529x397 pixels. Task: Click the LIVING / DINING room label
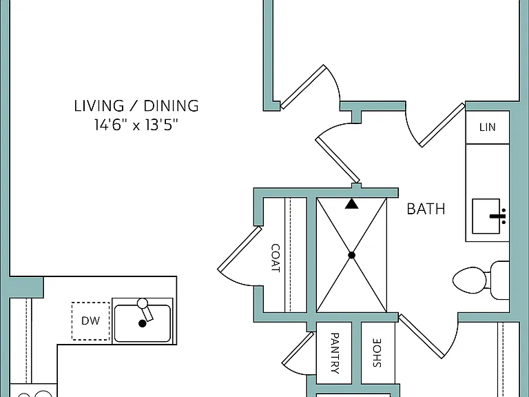click(136, 105)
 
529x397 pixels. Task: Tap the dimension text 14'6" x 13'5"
click(136, 125)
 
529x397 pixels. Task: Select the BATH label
click(426, 209)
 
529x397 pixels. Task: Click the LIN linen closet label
click(488, 128)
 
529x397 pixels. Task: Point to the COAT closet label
click(276, 258)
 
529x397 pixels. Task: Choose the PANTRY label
click(335, 353)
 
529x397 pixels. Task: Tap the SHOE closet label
click(377, 353)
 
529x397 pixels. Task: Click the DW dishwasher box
click(90, 320)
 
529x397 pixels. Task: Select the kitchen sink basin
click(143, 323)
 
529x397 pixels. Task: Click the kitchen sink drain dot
click(143, 323)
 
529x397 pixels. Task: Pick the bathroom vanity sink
click(486, 216)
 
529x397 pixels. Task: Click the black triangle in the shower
click(351, 203)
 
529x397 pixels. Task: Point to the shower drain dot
click(351, 255)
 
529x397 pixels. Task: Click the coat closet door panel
click(240, 250)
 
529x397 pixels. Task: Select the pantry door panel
click(298, 349)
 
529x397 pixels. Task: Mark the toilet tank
click(499, 281)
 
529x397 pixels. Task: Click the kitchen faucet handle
click(146, 309)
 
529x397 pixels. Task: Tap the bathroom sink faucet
click(498, 216)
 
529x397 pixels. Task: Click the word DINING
click(172, 105)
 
